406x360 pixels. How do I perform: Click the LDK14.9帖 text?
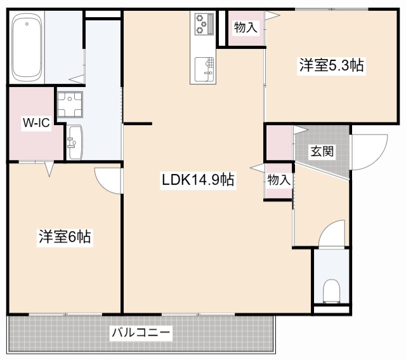198,180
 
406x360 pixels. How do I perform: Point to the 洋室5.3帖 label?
331,65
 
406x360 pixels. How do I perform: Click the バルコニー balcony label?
141,332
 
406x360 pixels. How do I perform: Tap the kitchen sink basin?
203,65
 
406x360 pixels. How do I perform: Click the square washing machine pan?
70,105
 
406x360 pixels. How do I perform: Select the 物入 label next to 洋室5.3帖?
246,27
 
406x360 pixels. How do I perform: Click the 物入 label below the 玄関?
278,180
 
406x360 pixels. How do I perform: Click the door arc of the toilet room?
332,236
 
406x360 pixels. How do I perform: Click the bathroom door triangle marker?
77,79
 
